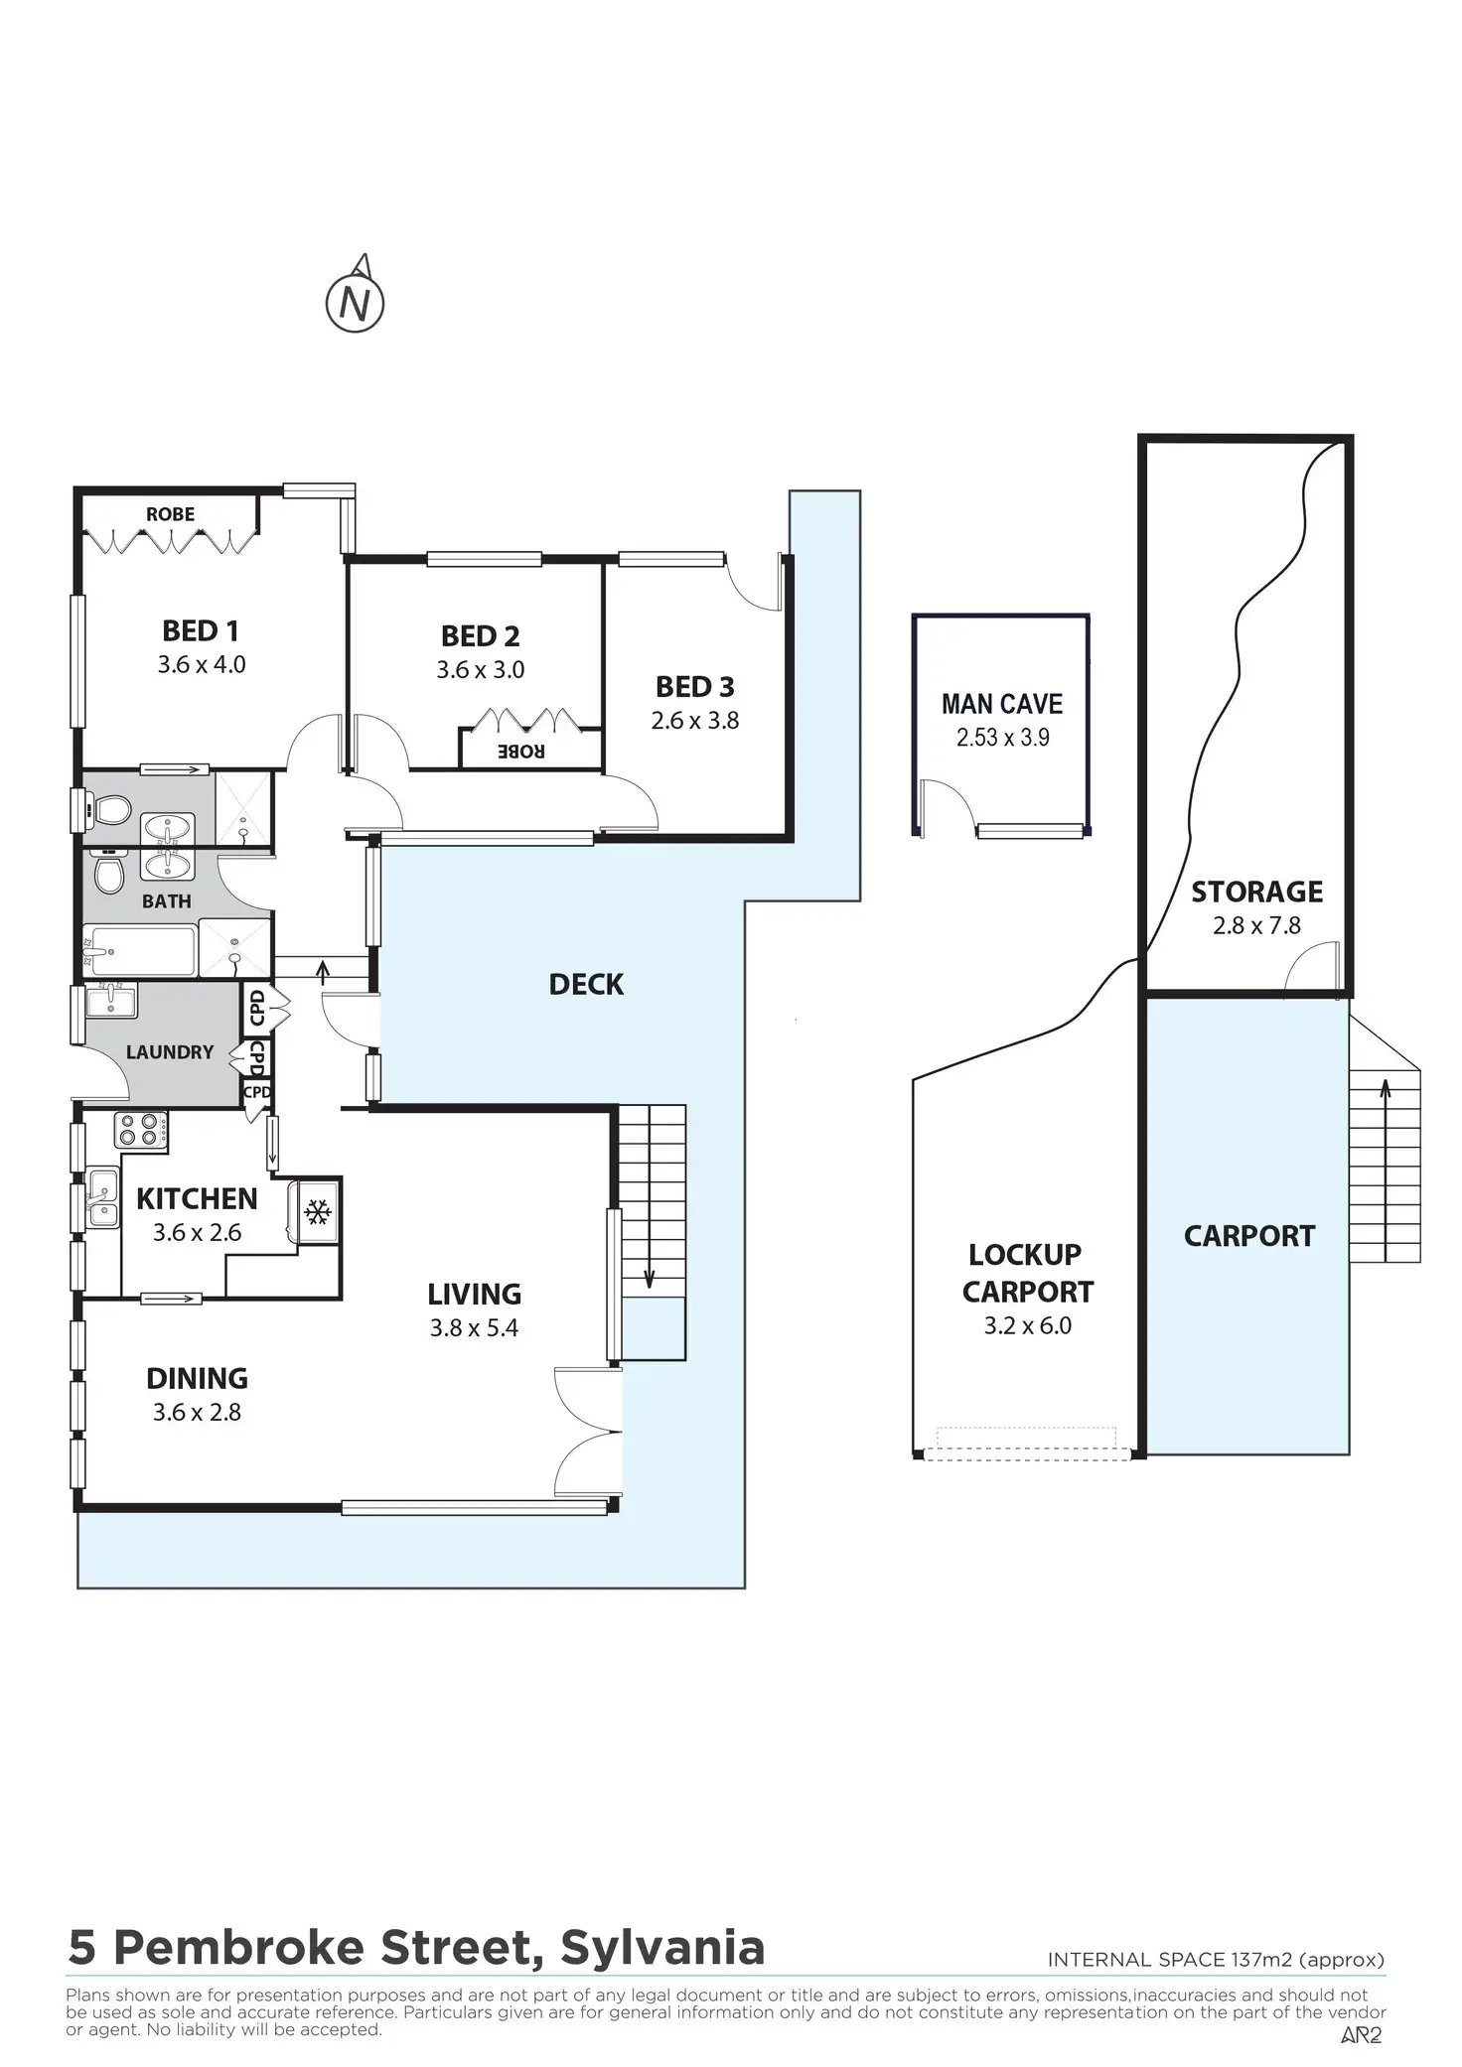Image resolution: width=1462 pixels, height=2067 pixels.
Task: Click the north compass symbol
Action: tap(356, 301)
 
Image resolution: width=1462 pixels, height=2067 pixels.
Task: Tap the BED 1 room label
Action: tap(201, 630)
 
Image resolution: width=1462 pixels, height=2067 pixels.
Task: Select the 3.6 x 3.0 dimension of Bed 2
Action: tap(481, 670)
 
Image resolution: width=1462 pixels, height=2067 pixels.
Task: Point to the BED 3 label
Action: tap(695, 687)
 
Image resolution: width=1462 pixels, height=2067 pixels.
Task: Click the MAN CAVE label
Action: tap(1002, 704)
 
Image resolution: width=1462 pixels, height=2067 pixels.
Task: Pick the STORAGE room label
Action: tap(1256, 892)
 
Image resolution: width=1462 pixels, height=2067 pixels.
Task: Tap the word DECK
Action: tap(586, 985)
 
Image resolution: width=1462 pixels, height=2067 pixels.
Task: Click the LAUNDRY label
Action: tap(170, 1052)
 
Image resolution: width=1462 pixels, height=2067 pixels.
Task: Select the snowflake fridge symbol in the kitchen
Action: tap(317, 1211)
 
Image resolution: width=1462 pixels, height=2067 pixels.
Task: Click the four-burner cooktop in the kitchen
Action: tap(140, 1131)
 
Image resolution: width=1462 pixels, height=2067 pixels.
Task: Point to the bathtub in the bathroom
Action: tap(139, 951)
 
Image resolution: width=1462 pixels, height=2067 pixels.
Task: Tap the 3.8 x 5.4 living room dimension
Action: tap(474, 1328)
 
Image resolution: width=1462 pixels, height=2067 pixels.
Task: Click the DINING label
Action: tap(197, 1378)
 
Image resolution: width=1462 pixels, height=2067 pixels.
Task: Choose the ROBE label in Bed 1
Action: tap(170, 514)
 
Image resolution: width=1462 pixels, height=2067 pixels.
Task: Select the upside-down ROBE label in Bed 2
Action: tap(520, 751)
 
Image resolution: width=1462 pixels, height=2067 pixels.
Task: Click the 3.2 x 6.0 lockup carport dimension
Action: tap(1027, 1326)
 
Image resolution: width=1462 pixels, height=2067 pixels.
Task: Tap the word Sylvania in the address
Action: tap(662, 1948)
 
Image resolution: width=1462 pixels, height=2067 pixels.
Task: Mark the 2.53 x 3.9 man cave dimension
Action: tap(1002, 738)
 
